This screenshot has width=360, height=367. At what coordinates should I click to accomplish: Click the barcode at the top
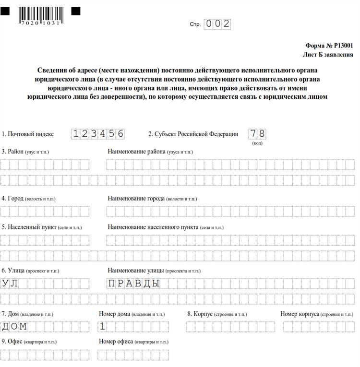pyautogui.click(x=40, y=14)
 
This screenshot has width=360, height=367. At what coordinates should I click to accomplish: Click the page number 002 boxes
pyautogui.click(x=217, y=24)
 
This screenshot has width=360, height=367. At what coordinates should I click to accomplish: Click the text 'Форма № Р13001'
pyautogui.click(x=329, y=46)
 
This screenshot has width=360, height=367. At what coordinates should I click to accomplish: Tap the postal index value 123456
pyautogui.click(x=97, y=134)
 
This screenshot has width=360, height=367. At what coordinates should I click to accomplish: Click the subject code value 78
pyautogui.click(x=257, y=134)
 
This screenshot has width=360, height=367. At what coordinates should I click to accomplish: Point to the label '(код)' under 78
pyautogui.click(x=257, y=143)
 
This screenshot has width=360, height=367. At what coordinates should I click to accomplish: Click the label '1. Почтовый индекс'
pyautogui.click(x=28, y=134)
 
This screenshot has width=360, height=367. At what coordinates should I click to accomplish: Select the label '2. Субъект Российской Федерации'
pyautogui.click(x=193, y=134)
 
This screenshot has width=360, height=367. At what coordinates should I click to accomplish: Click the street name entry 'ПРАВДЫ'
pyautogui.click(x=133, y=284)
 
